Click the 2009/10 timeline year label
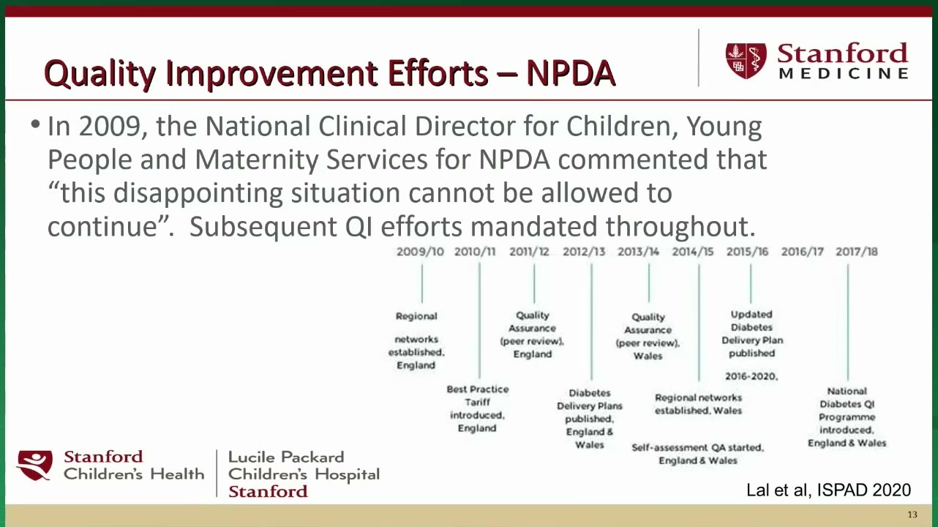click(x=420, y=251)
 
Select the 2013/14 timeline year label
click(x=638, y=251)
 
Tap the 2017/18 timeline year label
click(x=857, y=251)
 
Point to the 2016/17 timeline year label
click(x=803, y=251)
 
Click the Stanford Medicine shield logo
click(x=746, y=61)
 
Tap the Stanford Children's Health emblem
click(x=34, y=465)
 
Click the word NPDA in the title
click(x=571, y=73)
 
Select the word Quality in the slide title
click(x=100, y=74)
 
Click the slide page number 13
click(x=912, y=515)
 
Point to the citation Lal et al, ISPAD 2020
click(x=828, y=490)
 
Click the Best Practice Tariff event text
click(x=477, y=408)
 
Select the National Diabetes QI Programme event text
click(x=847, y=416)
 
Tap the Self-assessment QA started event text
click(x=697, y=454)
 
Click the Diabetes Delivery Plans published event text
click(x=590, y=419)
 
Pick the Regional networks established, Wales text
click(x=698, y=404)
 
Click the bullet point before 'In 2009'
click(x=36, y=124)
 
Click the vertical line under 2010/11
click(x=479, y=320)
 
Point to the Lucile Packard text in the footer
click(x=286, y=457)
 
